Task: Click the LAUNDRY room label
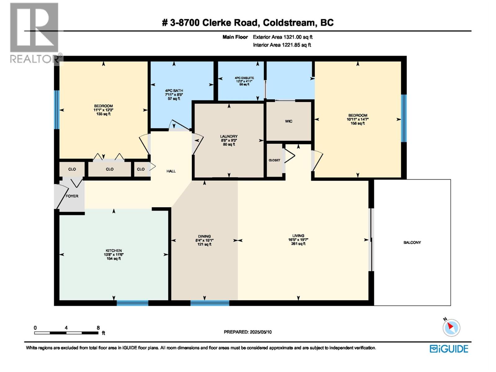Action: coord(229,136)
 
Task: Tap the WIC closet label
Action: coord(289,121)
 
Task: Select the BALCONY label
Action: coord(412,242)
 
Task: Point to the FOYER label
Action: coord(72,196)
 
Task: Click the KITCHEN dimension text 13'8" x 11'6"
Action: coord(114,255)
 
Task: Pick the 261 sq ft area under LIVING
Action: coord(298,244)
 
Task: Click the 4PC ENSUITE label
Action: coord(244,78)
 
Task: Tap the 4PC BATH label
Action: coord(174,91)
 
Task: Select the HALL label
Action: coord(171,171)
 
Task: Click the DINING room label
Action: coord(204,236)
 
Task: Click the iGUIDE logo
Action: coord(449,349)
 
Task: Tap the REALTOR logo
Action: coord(34,33)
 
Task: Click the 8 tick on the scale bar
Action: coord(98,328)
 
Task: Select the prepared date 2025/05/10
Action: coord(260,332)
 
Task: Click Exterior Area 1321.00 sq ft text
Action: coord(282,37)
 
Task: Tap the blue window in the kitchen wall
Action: coord(132,303)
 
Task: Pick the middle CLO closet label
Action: coord(110,169)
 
